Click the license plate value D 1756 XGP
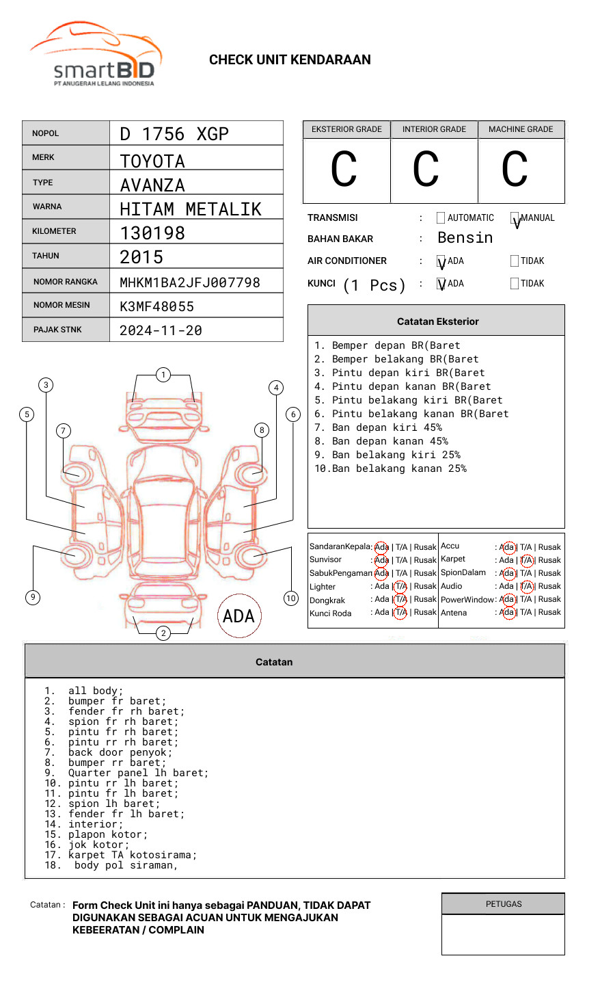[x=174, y=134]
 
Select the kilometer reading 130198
[x=152, y=233]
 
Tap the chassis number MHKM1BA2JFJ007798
[x=190, y=282]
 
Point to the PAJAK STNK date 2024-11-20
[x=161, y=330]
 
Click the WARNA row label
[x=47, y=207]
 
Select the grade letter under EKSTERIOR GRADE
[x=344, y=170]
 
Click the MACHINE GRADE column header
[x=521, y=129]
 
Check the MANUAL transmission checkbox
[x=515, y=218]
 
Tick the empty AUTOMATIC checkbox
[x=441, y=218]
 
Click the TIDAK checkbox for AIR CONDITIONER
[x=515, y=261]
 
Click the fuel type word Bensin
[x=465, y=238]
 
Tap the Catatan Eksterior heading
[x=437, y=321]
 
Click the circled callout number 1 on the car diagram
[x=163, y=375]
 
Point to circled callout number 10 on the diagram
[x=291, y=598]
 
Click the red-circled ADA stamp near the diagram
[x=238, y=616]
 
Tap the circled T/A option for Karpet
[x=526, y=560]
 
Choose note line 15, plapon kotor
[x=107, y=834]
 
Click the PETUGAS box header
[x=504, y=904]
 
